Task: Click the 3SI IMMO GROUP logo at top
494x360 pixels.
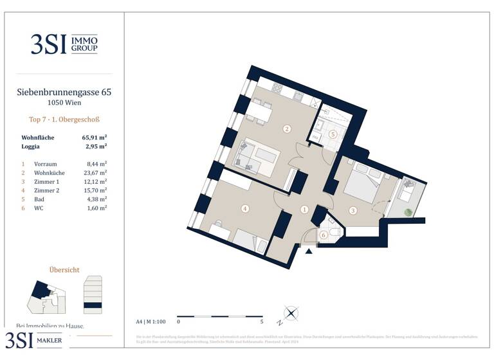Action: pyautogui.click(x=64, y=44)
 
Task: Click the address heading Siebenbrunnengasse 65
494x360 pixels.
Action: pyautogui.click(x=64, y=93)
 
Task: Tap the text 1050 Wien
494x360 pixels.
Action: pyautogui.click(x=64, y=103)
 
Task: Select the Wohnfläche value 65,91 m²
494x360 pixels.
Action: pyautogui.click(x=94, y=138)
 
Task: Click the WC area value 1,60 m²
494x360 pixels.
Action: pyautogui.click(x=96, y=208)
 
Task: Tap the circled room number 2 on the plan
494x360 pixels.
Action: pyautogui.click(x=287, y=129)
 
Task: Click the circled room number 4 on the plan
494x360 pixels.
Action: pyautogui.click(x=244, y=208)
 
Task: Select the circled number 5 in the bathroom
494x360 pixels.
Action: pyautogui.click(x=333, y=134)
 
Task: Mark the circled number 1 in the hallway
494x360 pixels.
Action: pyautogui.click(x=305, y=209)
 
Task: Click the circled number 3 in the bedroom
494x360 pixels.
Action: pyautogui.click(x=352, y=210)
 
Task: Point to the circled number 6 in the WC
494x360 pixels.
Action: pyautogui.click(x=324, y=236)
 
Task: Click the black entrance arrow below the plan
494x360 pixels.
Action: pyautogui.click(x=309, y=251)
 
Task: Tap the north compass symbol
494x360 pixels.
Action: pyautogui.click(x=291, y=314)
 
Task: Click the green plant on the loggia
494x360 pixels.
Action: pyautogui.click(x=407, y=212)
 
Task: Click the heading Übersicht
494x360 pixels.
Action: pyautogui.click(x=64, y=270)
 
